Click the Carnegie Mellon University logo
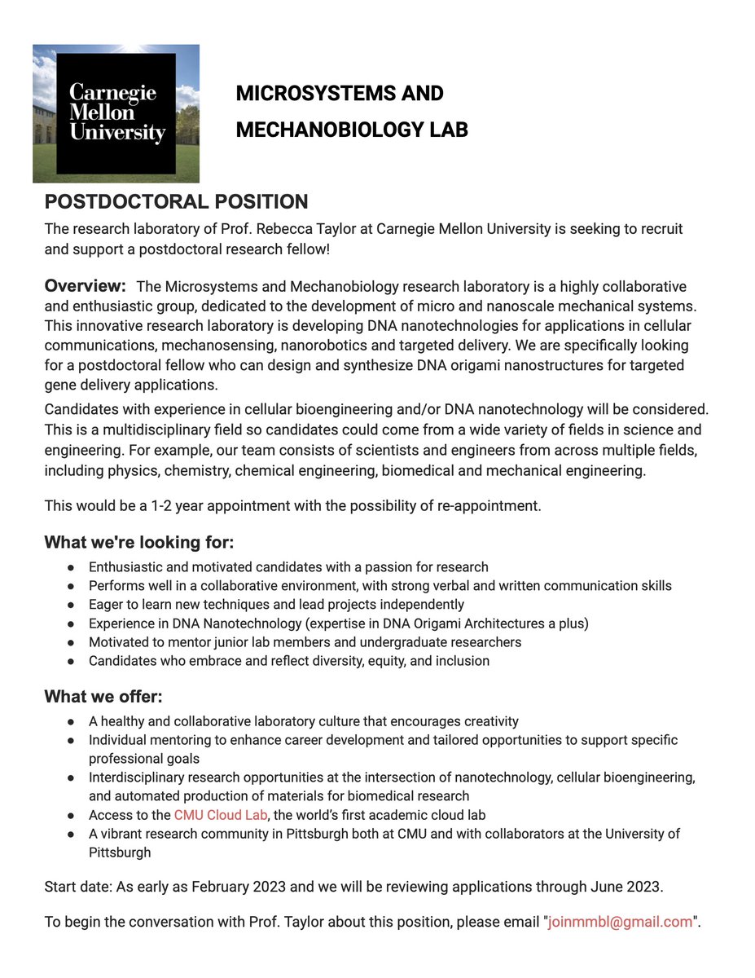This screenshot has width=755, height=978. pos(116,113)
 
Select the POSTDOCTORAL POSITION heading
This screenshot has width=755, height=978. pos(176,201)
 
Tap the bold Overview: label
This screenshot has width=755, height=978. pos(86,286)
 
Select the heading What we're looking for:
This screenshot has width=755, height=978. pos(139,542)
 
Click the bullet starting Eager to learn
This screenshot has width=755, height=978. pos(276,604)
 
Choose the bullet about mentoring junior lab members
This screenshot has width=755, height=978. pos(305,641)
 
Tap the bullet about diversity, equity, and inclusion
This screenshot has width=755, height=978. pos(289,660)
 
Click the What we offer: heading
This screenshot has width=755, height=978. pos(103,697)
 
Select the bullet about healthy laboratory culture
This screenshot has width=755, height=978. pos(303,721)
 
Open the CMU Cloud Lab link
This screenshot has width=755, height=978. pos(221,815)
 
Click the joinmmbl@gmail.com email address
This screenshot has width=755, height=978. pos(620,922)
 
